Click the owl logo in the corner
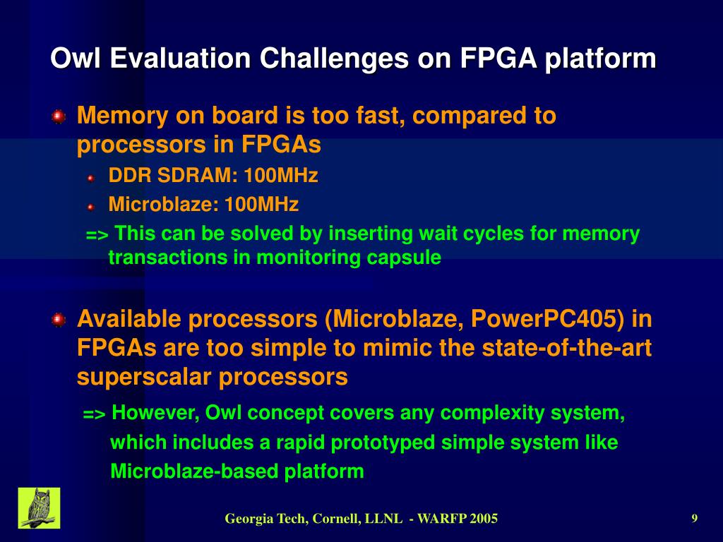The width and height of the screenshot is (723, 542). (x=39, y=508)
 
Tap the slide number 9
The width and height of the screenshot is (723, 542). (x=695, y=519)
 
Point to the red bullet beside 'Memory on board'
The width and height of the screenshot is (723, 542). (x=59, y=116)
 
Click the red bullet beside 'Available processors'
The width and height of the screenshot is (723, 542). (x=59, y=320)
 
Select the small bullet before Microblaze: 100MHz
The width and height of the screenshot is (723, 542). (x=90, y=207)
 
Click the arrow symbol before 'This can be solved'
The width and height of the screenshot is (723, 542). (x=97, y=235)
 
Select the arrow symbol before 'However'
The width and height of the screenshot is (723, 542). (x=95, y=414)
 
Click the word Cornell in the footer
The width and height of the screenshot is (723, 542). (x=335, y=519)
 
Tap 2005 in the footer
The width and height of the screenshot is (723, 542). (x=484, y=519)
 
